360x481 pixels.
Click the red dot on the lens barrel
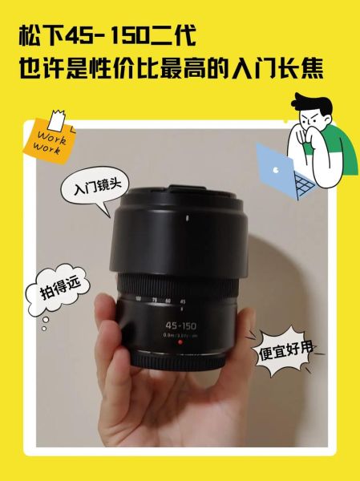point(180,342)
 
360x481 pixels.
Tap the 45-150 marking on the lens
point(180,325)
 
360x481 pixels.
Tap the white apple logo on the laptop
point(273,169)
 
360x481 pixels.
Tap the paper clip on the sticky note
point(55,116)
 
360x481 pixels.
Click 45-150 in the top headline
point(112,36)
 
